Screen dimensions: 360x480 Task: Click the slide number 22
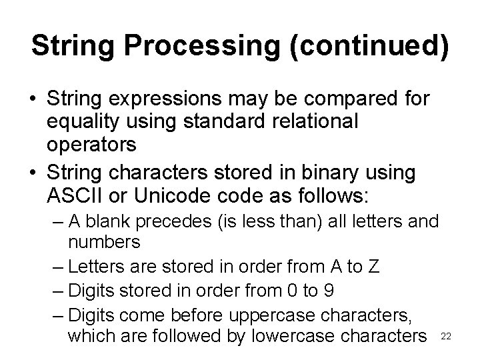[x=447, y=337]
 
